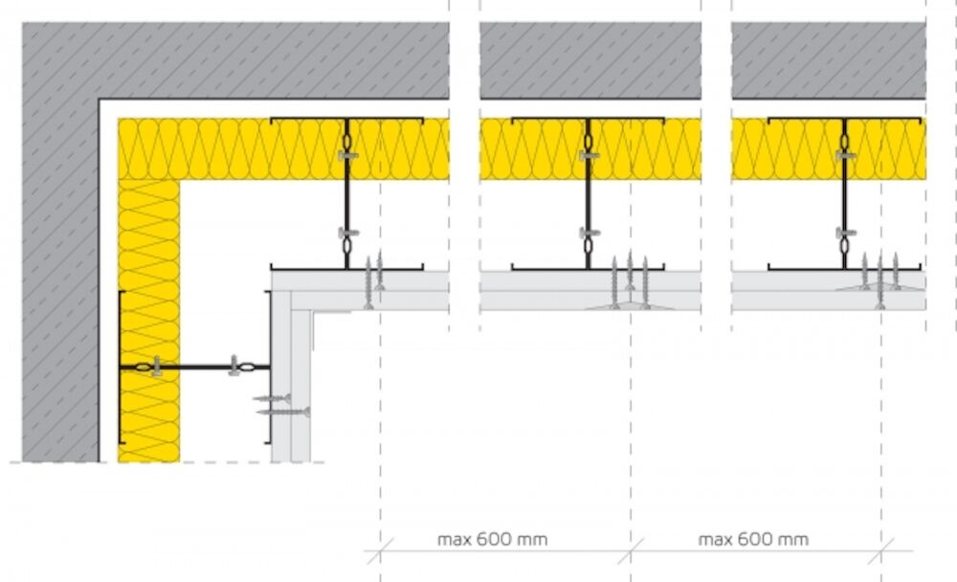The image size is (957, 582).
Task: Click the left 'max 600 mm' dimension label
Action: (x=493, y=539)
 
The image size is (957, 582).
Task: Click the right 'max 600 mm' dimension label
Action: (x=754, y=539)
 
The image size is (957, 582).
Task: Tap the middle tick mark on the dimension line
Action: (x=631, y=550)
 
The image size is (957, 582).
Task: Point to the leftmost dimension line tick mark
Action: (x=380, y=550)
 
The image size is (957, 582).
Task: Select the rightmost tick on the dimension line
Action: (x=880, y=550)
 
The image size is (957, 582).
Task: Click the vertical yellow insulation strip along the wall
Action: (x=149, y=321)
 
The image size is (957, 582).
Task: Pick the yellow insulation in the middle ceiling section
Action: (x=590, y=149)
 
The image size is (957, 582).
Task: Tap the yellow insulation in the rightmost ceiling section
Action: (x=828, y=149)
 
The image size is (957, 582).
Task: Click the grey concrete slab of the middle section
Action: (x=590, y=60)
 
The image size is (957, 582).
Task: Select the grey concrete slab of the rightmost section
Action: (x=828, y=60)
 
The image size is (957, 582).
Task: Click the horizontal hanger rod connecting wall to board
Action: (x=194, y=367)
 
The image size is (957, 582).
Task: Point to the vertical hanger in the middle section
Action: (x=589, y=193)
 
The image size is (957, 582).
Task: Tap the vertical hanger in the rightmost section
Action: (x=845, y=193)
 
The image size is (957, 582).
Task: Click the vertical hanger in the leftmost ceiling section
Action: (x=346, y=193)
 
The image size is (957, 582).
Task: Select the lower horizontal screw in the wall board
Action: (x=284, y=413)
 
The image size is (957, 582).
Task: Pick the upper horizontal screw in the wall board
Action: (x=272, y=399)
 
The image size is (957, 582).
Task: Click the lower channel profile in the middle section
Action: (x=588, y=267)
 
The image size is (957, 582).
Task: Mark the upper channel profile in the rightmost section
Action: (x=845, y=119)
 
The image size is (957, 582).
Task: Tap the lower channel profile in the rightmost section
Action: (x=845, y=267)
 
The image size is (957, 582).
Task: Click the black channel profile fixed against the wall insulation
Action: (x=121, y=367)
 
